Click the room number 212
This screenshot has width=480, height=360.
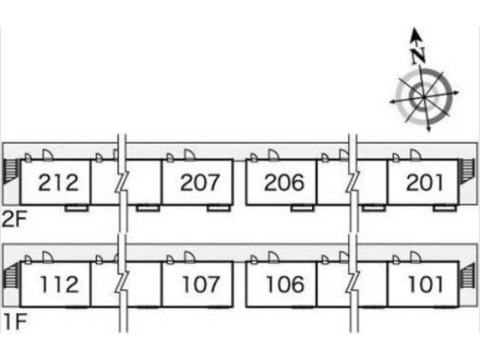[58, 182]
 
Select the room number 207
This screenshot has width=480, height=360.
[199, 182]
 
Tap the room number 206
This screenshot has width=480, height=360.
[284, 182]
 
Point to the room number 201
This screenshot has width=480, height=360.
[424, 182]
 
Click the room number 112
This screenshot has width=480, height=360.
[59, 284]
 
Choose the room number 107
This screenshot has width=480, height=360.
[201, 284]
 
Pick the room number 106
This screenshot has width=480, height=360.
[285, 284]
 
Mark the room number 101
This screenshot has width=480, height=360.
[426, 284]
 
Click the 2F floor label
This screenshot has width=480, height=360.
[14, 219]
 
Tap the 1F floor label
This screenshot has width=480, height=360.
[15, 321]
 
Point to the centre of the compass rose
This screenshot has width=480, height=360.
[424, 97]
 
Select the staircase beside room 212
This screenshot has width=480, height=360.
[10, 172]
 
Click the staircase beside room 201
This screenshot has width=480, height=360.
[467, 172]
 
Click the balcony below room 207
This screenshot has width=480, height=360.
[218, 208]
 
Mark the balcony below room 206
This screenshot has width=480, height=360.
[301, 208]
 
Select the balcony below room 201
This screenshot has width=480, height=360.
[445, 208]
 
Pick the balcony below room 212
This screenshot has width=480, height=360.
[76, 208]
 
